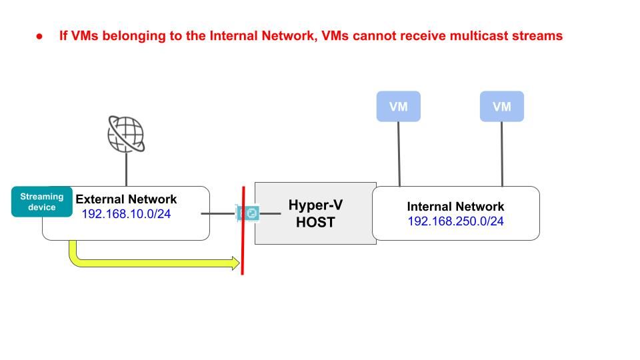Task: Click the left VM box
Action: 398,107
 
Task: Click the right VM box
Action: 501,107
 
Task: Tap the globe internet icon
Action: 126,134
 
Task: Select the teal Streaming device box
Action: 41,201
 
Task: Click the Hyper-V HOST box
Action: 315,213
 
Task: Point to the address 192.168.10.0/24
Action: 127,214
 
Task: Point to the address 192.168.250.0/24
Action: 456,221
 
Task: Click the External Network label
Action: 127,199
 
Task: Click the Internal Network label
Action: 456,207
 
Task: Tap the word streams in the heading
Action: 537,36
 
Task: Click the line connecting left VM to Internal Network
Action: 399,153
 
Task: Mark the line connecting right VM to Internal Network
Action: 502,153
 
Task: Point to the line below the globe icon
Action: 126,170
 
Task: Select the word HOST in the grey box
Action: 315,222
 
